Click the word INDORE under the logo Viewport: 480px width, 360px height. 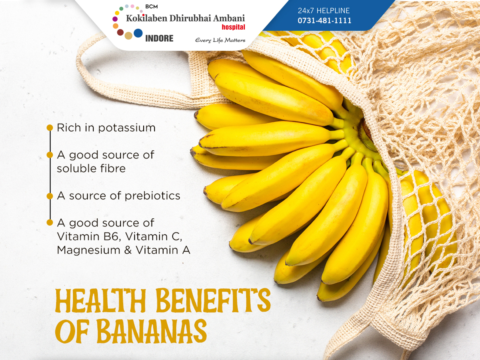159,38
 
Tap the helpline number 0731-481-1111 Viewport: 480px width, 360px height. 324,20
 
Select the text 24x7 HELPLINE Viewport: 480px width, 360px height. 324,10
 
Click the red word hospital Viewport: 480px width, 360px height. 233,27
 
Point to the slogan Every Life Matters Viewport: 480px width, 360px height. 220,40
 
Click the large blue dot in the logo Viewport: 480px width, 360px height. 138,33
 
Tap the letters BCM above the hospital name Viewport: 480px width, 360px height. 151,6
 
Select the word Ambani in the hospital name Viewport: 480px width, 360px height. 229,18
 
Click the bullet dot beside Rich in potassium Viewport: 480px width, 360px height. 50,128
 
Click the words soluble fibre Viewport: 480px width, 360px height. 91,168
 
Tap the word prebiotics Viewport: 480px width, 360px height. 152,196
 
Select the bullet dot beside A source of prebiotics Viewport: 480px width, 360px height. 50,196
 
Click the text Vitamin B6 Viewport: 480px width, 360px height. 88,236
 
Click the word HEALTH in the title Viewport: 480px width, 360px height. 100,300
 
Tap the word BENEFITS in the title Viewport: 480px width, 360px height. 213,300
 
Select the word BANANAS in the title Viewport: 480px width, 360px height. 152,331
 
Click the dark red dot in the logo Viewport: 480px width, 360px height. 120,32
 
